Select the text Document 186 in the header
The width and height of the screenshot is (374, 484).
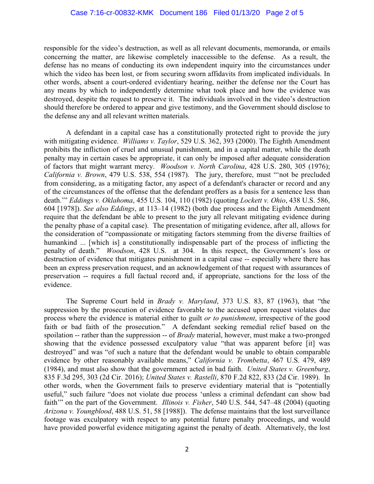click(184, 13)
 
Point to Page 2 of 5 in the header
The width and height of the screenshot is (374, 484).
click(285, 13)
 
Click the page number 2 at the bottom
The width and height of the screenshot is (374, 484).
click(187, 449)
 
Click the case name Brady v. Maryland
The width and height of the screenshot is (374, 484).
click(187, 301)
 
